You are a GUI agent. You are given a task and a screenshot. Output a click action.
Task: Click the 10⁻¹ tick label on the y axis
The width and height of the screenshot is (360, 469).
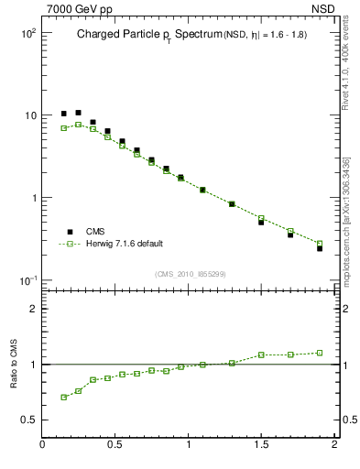click(x=26, y=280)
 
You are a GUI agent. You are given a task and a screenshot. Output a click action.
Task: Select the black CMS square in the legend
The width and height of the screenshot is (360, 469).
click(x=69, y=232)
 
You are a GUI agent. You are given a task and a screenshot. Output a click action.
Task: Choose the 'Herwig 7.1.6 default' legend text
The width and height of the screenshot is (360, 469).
click(x=125, y=244)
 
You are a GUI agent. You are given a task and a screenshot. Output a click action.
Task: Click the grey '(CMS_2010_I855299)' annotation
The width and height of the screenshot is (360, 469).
click(x=190, y=274)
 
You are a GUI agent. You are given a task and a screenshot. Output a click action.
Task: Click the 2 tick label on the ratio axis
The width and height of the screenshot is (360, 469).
click(x=32, y=309)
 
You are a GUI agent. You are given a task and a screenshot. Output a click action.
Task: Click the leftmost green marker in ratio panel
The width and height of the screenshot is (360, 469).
click(x=63, y=397)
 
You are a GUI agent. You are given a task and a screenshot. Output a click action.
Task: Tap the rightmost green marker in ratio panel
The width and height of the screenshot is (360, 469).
click(x=320, y=352)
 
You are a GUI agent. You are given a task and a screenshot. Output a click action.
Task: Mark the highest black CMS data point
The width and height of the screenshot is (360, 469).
click(x=78, y=113)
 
